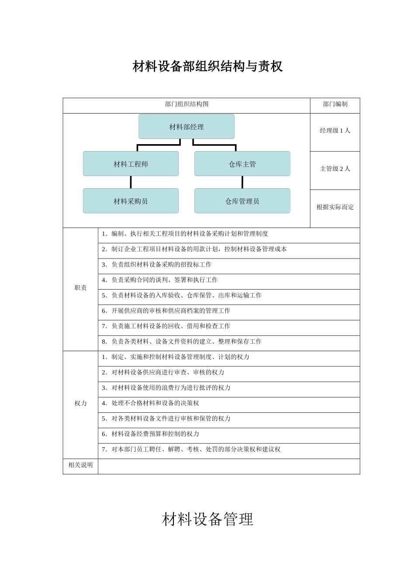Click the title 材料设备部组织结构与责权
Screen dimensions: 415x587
[207, 66]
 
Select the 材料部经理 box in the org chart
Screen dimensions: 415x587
[187, 127]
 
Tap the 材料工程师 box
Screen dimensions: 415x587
[131, 164]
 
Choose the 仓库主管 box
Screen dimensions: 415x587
[242, 164]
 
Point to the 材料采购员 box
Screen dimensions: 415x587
[131, 201]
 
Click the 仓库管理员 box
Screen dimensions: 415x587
[242, 201]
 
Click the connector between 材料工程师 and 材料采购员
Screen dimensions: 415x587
[131, 182]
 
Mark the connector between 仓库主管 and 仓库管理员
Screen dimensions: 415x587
[242, 182]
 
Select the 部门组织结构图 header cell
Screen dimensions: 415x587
[187, 104]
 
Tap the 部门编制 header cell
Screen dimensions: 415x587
[335, 104]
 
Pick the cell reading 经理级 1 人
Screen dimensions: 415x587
[335, 131]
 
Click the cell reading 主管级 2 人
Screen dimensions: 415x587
[335, 169]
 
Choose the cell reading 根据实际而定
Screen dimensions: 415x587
[335, 207]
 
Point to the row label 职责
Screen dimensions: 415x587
[80, 288]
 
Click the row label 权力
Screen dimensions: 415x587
[80, 404]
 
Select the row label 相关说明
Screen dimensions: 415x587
[80, 465]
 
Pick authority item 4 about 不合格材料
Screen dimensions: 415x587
[150, 403]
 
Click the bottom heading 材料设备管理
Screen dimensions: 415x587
[207, 519]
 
